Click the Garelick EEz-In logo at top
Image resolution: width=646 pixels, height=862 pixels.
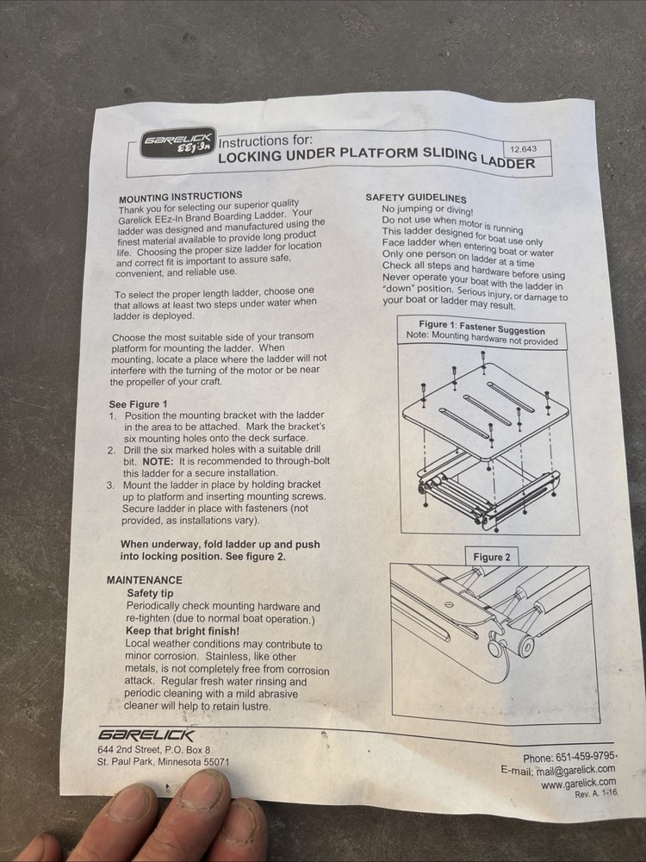177,143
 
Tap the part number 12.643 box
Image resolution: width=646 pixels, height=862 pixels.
523,149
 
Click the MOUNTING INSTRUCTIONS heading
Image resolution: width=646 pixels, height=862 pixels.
180,197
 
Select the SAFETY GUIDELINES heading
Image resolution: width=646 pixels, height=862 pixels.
415,197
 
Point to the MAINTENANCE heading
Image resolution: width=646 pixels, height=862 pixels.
144,580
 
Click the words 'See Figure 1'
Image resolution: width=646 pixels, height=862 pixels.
138,403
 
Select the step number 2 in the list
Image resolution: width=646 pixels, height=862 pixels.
111,450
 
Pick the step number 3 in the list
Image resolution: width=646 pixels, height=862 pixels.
110,485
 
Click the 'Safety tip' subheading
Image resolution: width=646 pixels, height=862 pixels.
150,594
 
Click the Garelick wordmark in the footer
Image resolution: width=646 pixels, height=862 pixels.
146,734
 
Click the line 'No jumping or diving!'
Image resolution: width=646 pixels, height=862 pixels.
427,209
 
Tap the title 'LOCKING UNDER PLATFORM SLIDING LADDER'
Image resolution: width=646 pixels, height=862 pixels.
376,157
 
